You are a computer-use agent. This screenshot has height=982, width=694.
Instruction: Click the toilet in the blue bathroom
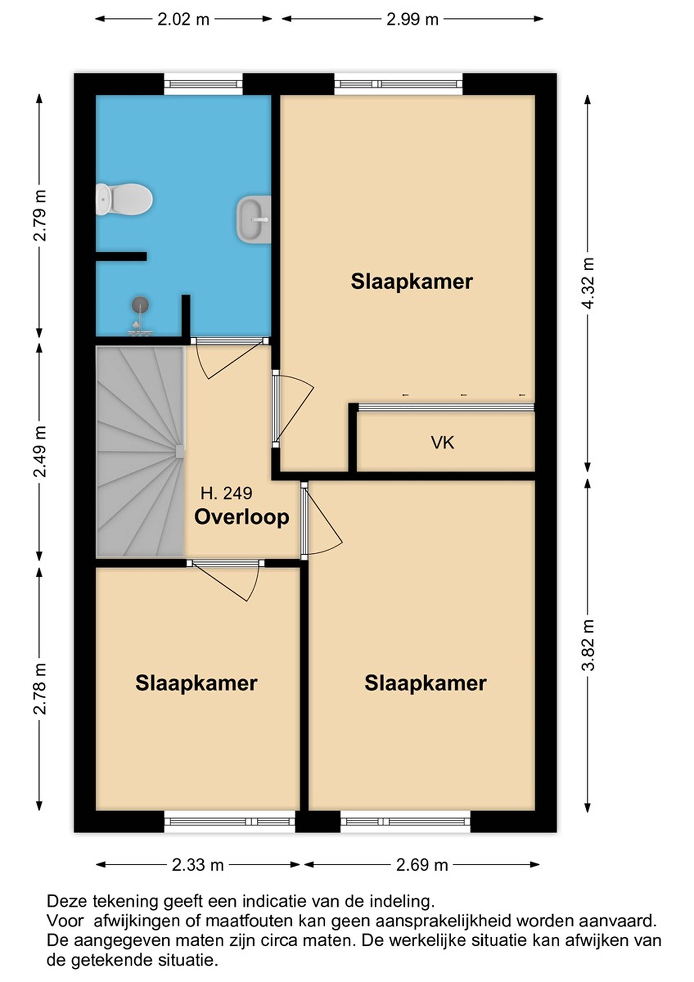pos(124,199)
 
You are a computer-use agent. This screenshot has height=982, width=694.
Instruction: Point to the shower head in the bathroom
pos(140,305)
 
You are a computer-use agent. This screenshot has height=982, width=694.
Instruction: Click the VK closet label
pos(443,443)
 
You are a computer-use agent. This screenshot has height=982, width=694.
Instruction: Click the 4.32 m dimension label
pos(588,283)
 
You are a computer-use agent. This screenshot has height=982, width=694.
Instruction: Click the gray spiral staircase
pos(140,452)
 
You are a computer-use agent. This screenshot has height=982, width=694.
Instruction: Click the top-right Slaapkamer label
pos(412,282)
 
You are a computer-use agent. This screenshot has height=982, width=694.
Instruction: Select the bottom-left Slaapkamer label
pos(196,683)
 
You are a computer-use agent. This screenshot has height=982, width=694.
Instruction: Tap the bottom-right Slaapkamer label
pos(425,683)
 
